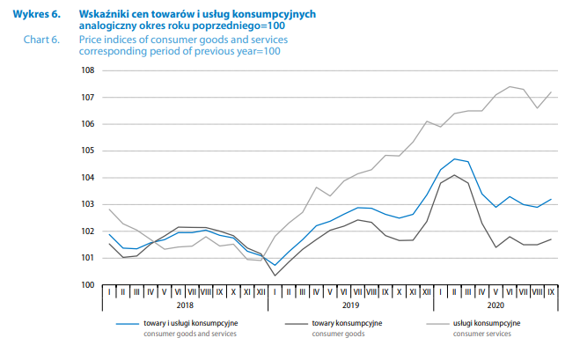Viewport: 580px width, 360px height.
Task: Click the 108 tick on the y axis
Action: click(88, 70)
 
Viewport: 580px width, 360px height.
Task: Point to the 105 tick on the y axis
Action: click(88, 151)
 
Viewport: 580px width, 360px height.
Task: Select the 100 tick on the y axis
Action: click(88, 285)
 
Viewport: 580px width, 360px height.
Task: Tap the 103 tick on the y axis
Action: click(88, 204)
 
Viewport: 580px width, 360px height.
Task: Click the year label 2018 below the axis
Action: click(185, 305)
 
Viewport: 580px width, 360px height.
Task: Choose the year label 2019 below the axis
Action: click(350, 305)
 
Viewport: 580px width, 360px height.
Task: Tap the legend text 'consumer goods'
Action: click(338, 335)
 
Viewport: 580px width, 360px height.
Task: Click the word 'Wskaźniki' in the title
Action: click(101, 15)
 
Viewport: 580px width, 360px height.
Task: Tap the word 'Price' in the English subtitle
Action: click(90, 40)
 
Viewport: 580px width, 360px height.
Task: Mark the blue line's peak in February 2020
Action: click(454, 159)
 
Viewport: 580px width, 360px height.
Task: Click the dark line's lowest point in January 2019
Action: click(275, 276)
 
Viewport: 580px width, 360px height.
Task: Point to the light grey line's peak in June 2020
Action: click(510, 86)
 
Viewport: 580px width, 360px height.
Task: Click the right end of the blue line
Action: click(551, 199)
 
